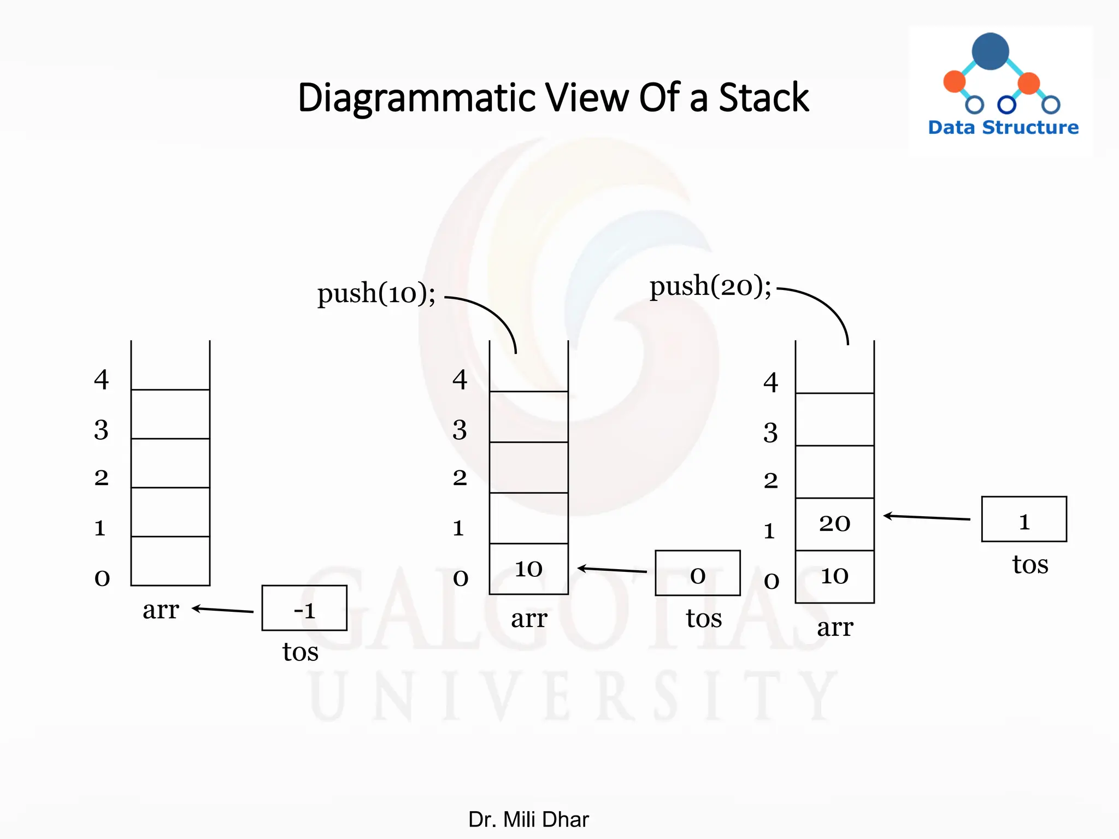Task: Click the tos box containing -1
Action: point(304,608)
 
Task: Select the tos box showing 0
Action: point(698,573)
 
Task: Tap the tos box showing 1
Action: point(1024,519)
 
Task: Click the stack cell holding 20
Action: point(835,524)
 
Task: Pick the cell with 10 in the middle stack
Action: point(529,569)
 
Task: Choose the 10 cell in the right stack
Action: point(835,576)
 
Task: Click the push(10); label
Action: point(376,293)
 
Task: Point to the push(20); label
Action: point(710,286)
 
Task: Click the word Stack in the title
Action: point(763,98)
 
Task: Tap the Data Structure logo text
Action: point(1003,127)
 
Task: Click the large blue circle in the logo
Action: point(990,51)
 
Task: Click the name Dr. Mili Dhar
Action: point(528,819)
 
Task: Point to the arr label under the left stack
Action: point(161,610)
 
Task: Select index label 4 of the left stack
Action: point(102,379)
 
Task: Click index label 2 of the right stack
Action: point(770,481)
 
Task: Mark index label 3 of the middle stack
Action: point(460,430)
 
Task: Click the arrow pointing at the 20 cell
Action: point(927,517)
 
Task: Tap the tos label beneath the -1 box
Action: point(300,652)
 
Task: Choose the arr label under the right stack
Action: point(835,628)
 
